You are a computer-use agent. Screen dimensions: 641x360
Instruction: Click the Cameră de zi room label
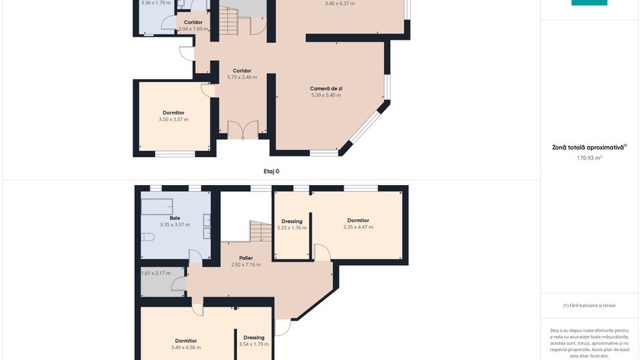[x=326, y=88]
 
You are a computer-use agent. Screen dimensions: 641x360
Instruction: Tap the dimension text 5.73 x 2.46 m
[x=242, y=77]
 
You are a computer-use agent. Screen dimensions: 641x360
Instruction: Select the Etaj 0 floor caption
[x=271, y=171]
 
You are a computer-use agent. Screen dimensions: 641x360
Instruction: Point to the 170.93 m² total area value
[x=589, y=158]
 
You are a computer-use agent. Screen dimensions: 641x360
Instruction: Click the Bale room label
[x=175, y=218]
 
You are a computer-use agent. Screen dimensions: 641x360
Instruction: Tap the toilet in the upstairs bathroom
[x=147, y=237]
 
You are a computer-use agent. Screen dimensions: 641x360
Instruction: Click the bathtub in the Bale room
[x=157, y=206]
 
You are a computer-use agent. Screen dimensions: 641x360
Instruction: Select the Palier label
[x=246, y=258]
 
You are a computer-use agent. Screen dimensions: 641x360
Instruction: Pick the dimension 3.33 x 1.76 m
[x=292, y=228]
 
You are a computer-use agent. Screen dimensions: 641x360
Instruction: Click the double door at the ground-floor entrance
[x=243, y=130]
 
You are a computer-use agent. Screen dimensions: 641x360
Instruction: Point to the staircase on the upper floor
[x=261, y=232]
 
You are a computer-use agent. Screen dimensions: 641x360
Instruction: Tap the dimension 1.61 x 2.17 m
[x=156, y=273]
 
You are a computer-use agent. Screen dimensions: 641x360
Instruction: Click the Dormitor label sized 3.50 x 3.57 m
[x=174, y=113]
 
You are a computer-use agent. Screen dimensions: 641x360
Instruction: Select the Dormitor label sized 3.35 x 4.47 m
[x=358, y=220]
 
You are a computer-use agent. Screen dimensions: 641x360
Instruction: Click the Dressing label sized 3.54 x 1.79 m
[x=254, y=337]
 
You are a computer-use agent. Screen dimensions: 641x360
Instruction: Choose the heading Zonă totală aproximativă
[x=588, y=148]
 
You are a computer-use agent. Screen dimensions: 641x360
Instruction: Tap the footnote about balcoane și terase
[x=589, y=305]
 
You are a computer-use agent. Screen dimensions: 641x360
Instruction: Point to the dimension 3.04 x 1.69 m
[x=193, y=29]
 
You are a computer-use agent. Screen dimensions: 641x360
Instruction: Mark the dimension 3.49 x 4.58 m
[x=186, y=348]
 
